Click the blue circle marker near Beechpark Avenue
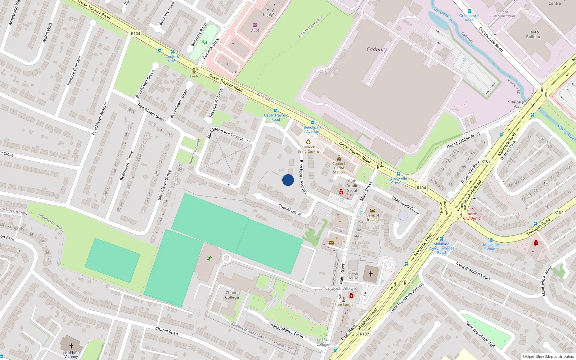coord(288,180)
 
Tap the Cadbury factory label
coord(377,50)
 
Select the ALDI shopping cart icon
coord(255,25)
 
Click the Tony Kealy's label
coord(269,13)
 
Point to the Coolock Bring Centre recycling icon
coord(308,142)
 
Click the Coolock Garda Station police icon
coord(339,158)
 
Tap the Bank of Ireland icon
coord(373,211)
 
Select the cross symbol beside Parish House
coord(371,274)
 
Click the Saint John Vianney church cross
coord(71,346)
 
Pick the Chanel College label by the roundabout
coord(232,295)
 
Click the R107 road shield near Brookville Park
coord(486,161)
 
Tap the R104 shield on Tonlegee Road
coord(559,212)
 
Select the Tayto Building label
coord(534,35)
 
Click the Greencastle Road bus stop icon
coord(469,11)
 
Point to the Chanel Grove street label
coord(290,210)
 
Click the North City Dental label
coord(472,216)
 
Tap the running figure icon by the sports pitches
coord(210,258)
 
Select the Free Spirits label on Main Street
coord(344,305)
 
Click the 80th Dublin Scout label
coord(352,186)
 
